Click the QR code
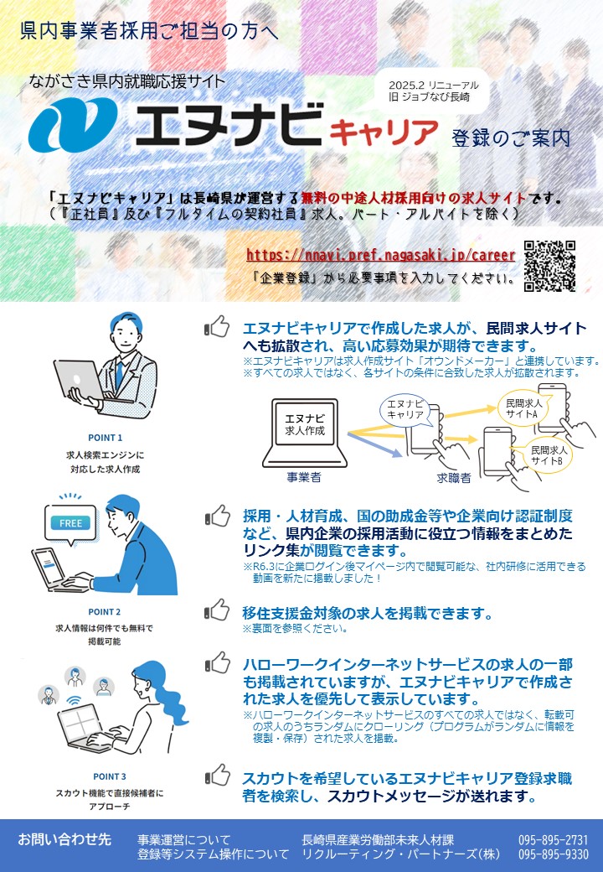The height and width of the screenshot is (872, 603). (549, 266)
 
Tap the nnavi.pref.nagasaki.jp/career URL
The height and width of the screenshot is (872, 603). (381, 255)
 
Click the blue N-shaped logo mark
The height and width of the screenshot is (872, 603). (73, 125)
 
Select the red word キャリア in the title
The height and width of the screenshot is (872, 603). (384, 132)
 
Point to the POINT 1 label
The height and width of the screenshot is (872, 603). (105, 438)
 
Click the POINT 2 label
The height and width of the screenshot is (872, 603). (105, 612)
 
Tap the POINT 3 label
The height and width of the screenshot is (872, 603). (110, 776)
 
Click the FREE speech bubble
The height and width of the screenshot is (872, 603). (70, 524)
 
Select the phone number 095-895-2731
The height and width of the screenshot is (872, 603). (553, 840)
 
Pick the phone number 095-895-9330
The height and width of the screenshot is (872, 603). (553, 854)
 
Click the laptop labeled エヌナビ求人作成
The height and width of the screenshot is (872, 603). (305, 433)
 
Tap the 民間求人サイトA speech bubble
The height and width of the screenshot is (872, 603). (523, 409)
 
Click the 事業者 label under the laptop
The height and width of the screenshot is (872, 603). (304, 477)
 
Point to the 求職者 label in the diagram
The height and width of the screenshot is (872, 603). (454, 478)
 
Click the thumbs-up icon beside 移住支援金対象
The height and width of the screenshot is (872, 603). (217, 610)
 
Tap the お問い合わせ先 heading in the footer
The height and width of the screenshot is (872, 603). (64, 839)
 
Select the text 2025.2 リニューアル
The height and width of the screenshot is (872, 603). (433, 86)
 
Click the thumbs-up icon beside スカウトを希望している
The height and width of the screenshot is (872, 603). (217, 776)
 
